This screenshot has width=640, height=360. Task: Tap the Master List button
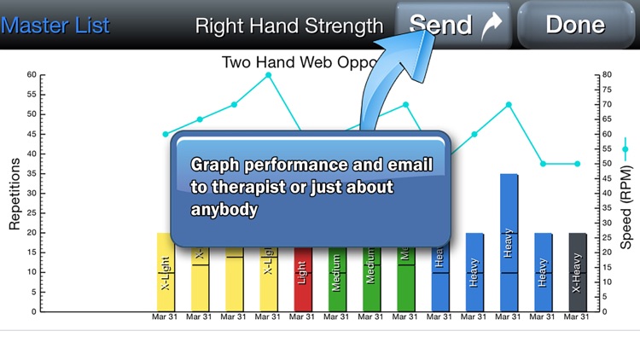coord(55,25)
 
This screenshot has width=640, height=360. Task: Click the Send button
coord(453,24)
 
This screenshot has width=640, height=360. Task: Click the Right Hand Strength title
coord(288,26)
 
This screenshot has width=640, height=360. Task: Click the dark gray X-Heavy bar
coord(578,272)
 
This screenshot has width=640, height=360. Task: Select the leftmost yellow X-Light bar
coord(165,272)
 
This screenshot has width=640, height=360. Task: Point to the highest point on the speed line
coord(268,75)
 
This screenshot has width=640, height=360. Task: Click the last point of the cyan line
coord(578,164)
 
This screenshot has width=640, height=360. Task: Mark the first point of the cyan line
coord(165,134)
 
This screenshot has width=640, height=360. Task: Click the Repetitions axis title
coord(15,193)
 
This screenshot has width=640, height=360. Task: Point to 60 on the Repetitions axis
coord(31,74)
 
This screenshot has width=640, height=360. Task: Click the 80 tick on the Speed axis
coord(606,74)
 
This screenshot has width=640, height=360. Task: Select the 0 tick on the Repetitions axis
coord(33,311)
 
